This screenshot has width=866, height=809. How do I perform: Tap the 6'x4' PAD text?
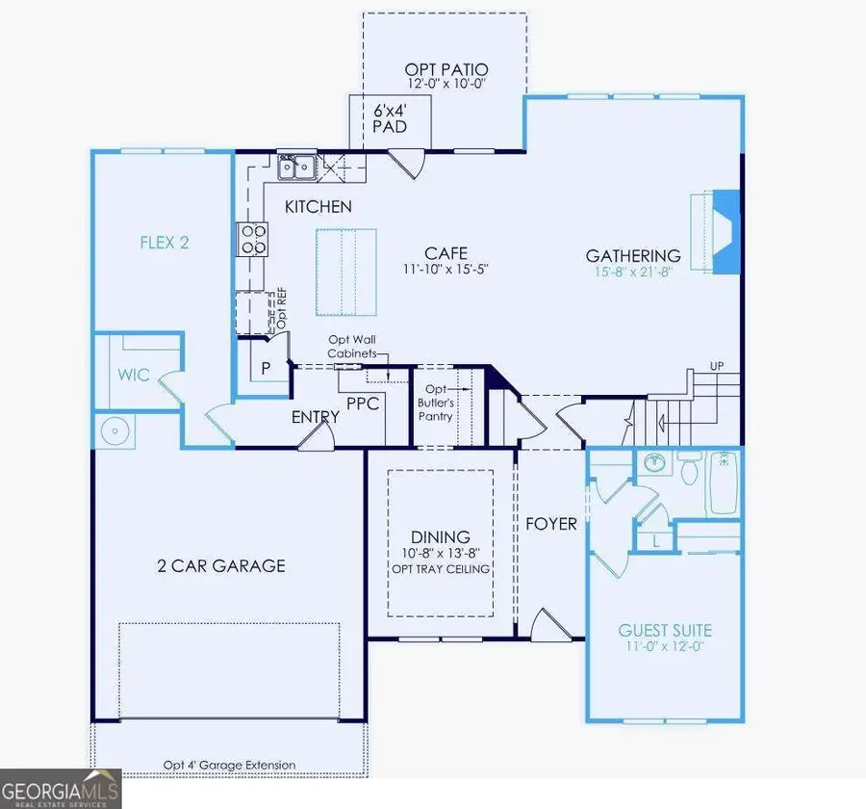coord(390,117)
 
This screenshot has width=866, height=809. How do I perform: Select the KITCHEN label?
coord(318,206)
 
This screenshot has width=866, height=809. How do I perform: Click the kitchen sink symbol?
coord(297,169)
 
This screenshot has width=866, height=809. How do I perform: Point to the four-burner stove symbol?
coord(253,238)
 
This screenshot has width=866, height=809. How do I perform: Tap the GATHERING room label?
coord(634,255)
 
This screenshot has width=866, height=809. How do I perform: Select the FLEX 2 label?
coord(165,242)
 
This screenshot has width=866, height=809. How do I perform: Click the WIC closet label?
coord(135,375)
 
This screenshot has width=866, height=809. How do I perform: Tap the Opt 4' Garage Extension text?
coord(229,766)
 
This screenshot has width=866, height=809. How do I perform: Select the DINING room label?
coord(441,536)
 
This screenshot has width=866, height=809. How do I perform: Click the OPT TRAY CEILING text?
coord(441,569)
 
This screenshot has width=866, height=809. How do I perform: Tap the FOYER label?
coord(551,524)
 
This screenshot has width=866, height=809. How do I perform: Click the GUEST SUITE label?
coord(665,631)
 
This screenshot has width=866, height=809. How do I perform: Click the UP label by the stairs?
coord(716,367)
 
